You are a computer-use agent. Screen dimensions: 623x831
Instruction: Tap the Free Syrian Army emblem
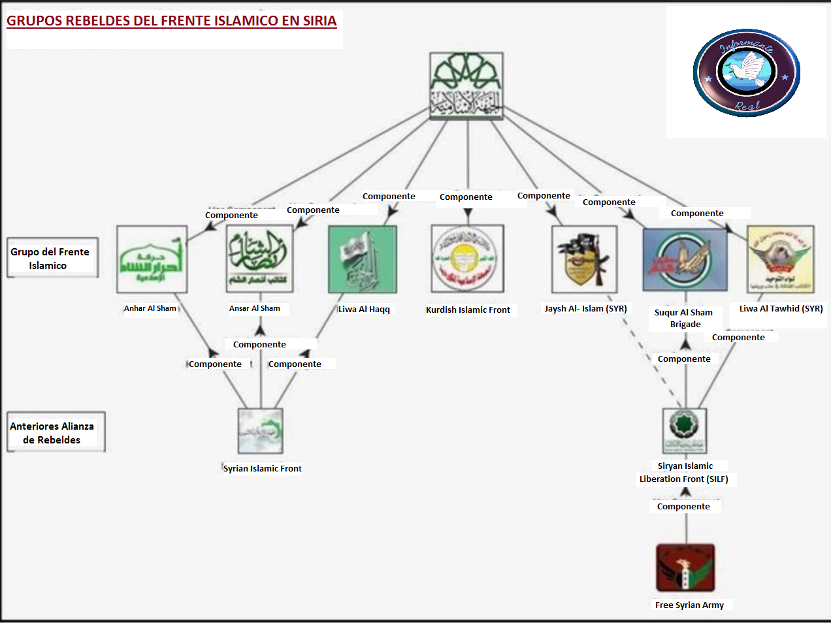[x=685, y=567]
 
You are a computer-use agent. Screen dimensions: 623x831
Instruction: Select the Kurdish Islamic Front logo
[x=467, y=259]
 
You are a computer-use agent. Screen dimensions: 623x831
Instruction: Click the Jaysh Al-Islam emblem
[x=584, y=259]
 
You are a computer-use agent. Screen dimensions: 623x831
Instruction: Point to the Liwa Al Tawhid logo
[x=780, y=259]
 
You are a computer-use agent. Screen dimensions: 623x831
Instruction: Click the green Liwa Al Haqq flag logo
[x=363, y=259]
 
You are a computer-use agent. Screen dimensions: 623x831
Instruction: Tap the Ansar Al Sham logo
[x=259, y=259]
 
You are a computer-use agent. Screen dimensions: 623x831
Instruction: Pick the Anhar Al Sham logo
[x=152, y=259]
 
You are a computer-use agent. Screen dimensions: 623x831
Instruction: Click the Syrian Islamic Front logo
[x=261, y=431]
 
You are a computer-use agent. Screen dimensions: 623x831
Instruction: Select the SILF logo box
[x=685, y=431]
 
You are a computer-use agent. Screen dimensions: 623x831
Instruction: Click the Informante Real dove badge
[x=746, y=72]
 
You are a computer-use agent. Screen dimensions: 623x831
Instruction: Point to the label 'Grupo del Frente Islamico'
[x=50, y=259]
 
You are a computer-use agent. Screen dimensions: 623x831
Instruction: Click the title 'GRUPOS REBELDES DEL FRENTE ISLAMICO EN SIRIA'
[x=171, y=21]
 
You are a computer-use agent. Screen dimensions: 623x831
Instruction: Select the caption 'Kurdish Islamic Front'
[x=468, y=310]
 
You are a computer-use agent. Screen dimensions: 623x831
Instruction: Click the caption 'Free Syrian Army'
[x=689, y=605]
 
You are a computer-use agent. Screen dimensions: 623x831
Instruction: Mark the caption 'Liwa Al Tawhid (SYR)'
[x=781, y=308]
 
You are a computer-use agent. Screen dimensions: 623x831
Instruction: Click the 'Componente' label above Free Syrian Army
[x=683, y=506]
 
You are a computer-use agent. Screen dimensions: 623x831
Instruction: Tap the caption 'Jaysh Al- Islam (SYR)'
[x=585, y=308]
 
